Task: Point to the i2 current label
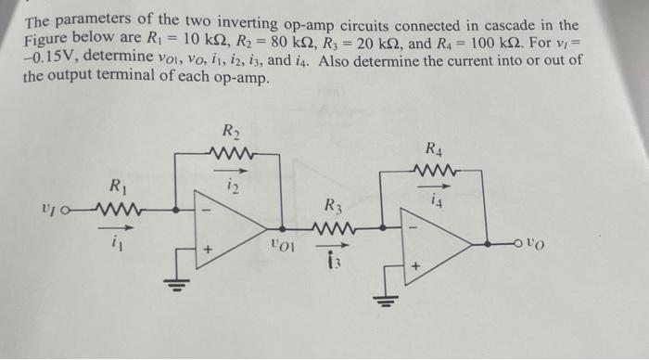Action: [x=232, y=188]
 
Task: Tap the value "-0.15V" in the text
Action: [x=54, y=60]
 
